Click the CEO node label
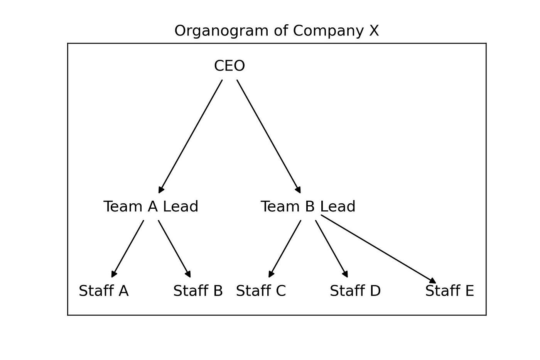pyautogui.click(x=229, y=66)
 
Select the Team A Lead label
pyautogui.click(x=151, y=206)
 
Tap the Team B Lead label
pyautogui.click(x=308, y=206)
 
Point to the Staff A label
pyautogui.click(x=103, y=291)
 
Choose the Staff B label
pyautogui.click(x=198, y=291)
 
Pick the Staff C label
pyautogui.click(x=261, y=291)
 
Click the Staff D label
pyautogui.click(x=355, y=291)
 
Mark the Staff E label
pyautogui.click(x=449, y=291)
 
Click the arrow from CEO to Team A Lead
pyautogui.click(x=191, y=136)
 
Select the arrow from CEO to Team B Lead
pyautogui.click(x=268, y=136)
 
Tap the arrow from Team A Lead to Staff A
pyautogui.click(x=128, y=248)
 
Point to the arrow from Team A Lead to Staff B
pyautogui.click(x=174, y=248)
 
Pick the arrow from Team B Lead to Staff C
pyautogui.click(x=285, y=248)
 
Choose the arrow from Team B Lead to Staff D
pyautogui.click(x=332, y=248)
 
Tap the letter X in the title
pyautogui.click(x=374, y=30)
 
